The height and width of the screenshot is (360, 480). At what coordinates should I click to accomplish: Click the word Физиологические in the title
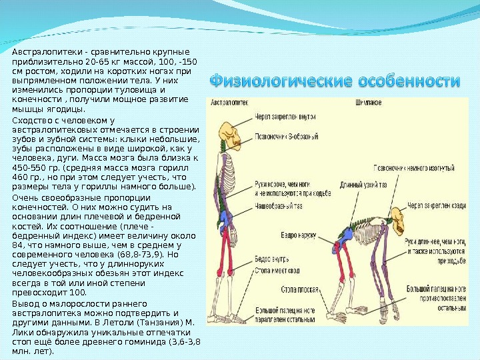(280, 83)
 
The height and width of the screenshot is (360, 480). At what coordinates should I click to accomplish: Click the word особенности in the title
(409, 83)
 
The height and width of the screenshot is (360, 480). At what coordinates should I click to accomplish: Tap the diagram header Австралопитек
(229, 104)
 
